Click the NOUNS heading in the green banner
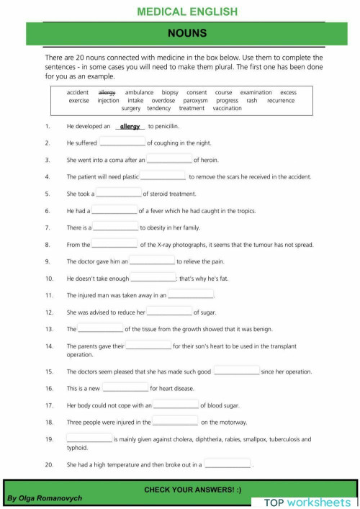click(186, 33)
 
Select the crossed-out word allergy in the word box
click(107, 92)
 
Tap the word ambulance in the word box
click(139, 92)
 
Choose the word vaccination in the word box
click(227, 109)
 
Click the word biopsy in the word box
click(170, 92)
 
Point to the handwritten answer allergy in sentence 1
click(130, 126)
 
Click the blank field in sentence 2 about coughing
click(122, 143)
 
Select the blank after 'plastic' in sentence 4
click(163, 176)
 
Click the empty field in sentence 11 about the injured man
click(191, 294)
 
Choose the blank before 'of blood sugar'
click(176, 405)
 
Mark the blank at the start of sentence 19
click(89, 438)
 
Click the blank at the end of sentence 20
click(227, 464)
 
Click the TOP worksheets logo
click(307, 502)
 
